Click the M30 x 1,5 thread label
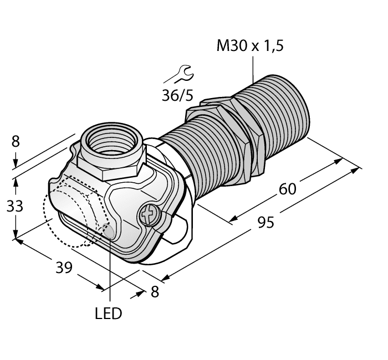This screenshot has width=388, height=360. pos(249,46)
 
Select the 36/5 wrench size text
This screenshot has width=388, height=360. pos(177,95)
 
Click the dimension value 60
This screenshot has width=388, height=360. pos(287,189)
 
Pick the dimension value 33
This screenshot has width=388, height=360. pos(15,207)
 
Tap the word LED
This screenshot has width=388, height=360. pos(108,314)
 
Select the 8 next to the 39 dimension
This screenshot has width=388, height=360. pos(155,292)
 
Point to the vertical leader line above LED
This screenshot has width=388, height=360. pos(110,271)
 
